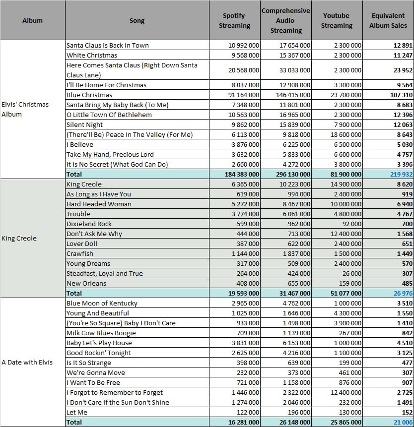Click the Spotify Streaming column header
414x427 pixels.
click(234, 20)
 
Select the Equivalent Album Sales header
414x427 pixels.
click(388, 20)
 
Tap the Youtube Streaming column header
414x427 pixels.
click(337, 20)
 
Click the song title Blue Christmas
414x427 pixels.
click(89, 95)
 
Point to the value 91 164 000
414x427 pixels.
click(244, 95)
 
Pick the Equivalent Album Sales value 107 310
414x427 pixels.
click(401, 95)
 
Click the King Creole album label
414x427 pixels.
click(19, 238)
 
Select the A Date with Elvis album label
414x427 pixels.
click(27, 362)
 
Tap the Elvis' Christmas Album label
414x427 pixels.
click(25, 109)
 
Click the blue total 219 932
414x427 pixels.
click(401, 174)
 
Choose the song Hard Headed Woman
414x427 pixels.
click(99, 204)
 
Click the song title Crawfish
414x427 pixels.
click(80, 253)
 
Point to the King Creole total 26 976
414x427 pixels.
click(403, 293)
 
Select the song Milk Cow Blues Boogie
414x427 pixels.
click(101, 333)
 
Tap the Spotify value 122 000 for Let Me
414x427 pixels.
click(248, 412)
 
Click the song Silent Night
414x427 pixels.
click(84, 124)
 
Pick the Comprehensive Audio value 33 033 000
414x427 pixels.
click(295, 70)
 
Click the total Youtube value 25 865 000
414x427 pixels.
click(346, 423)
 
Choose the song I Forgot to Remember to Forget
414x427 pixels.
click(115, 392)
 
